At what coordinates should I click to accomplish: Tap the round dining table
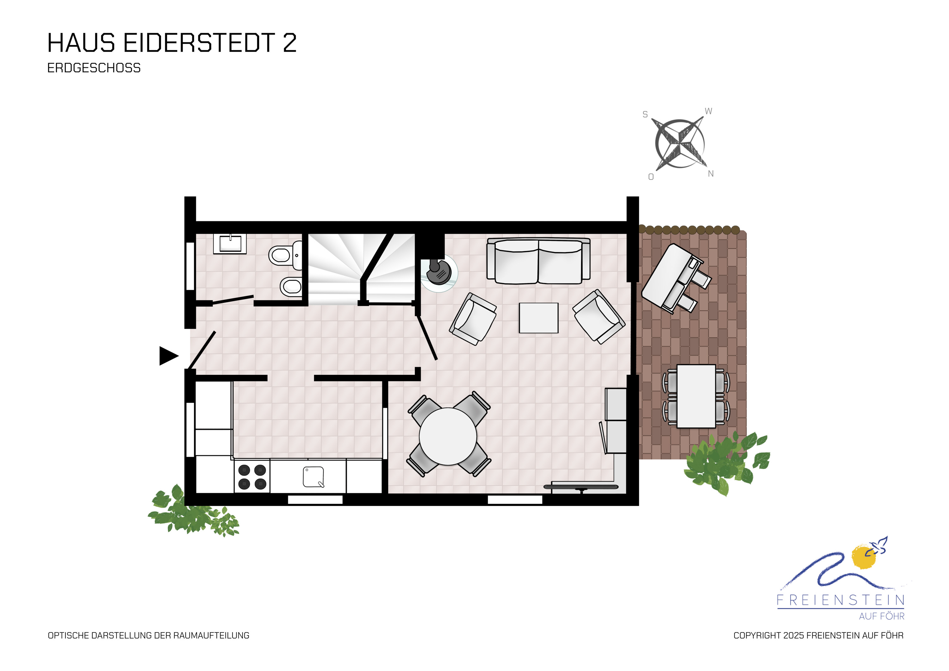[448, 436]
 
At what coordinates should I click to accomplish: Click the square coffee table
[539, 318]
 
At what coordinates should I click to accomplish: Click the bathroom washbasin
[230, 244]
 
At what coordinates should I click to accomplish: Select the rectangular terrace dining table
[696, 396]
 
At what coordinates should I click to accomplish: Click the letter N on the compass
[711, 174]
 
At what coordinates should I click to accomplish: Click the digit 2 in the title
[290, 43]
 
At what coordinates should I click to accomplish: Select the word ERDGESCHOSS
[94, 68]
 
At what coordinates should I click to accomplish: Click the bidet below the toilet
[291, 286]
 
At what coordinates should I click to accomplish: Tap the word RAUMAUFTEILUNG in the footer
[211, 636]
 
